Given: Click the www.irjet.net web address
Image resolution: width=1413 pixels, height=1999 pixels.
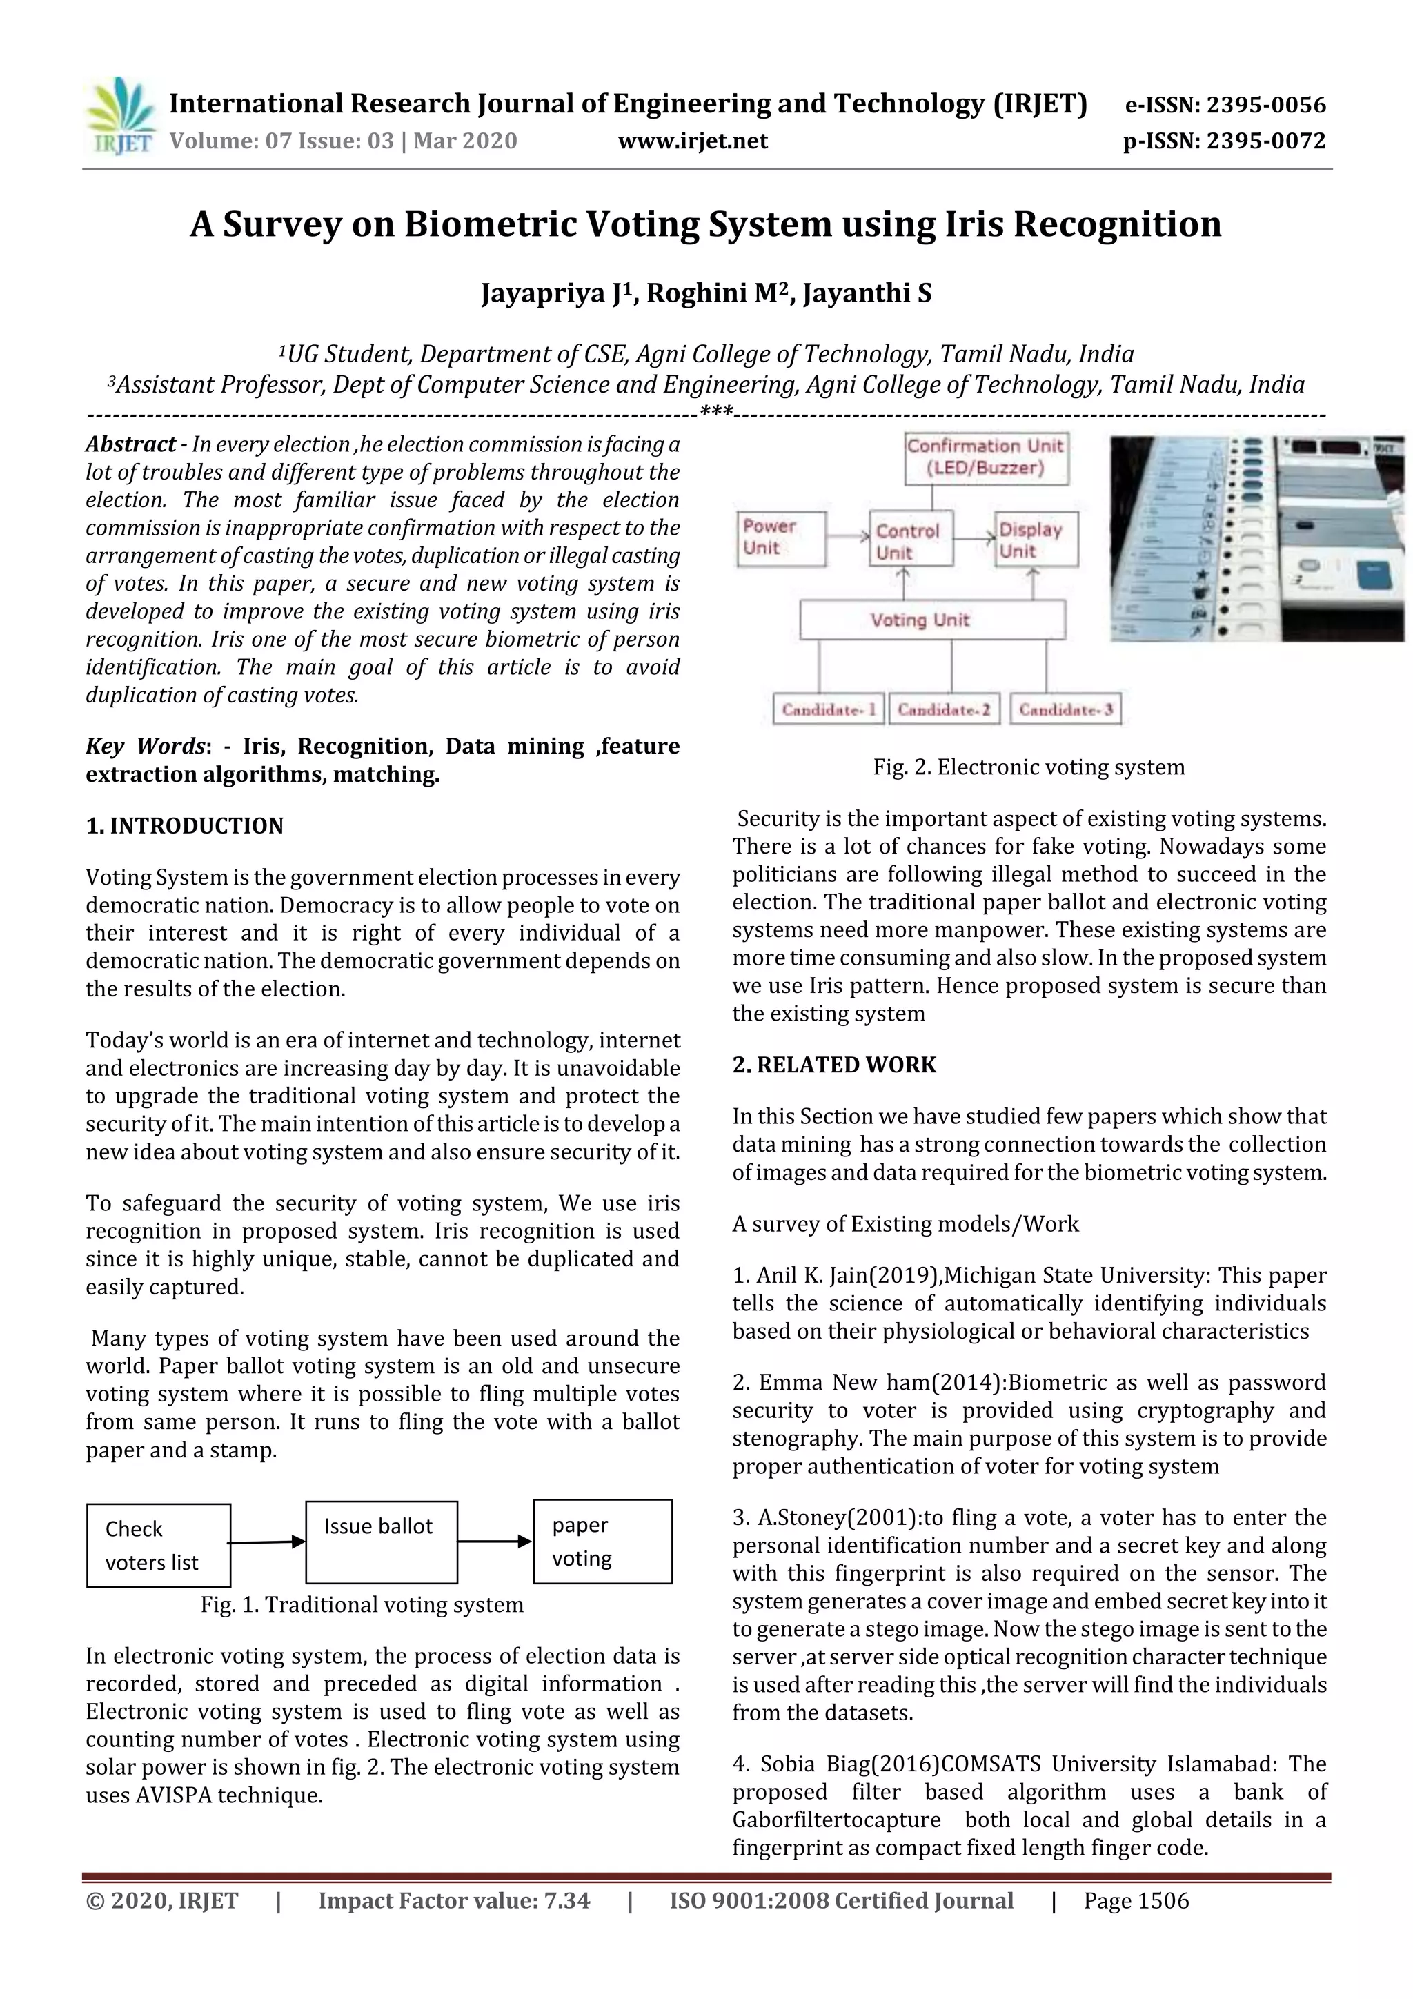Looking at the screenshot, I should pos(692,141).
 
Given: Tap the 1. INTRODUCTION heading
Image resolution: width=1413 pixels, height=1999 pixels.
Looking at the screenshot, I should pos(185,825).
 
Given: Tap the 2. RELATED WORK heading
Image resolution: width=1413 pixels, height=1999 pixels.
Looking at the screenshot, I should pos(834,1065).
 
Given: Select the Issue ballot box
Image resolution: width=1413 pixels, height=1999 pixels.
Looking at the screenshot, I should pos(382,1542).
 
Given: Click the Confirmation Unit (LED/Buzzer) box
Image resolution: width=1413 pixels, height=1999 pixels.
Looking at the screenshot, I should pos(985,457).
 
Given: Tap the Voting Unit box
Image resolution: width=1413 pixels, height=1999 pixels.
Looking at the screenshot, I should pos(931,620).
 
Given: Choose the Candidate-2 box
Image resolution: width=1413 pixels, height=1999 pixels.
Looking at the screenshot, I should pos(944,709).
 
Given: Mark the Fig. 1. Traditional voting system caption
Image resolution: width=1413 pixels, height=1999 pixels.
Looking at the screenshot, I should pos(362,1604).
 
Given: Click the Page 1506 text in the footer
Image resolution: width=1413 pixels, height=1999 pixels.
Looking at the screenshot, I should pos(1136,1900).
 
